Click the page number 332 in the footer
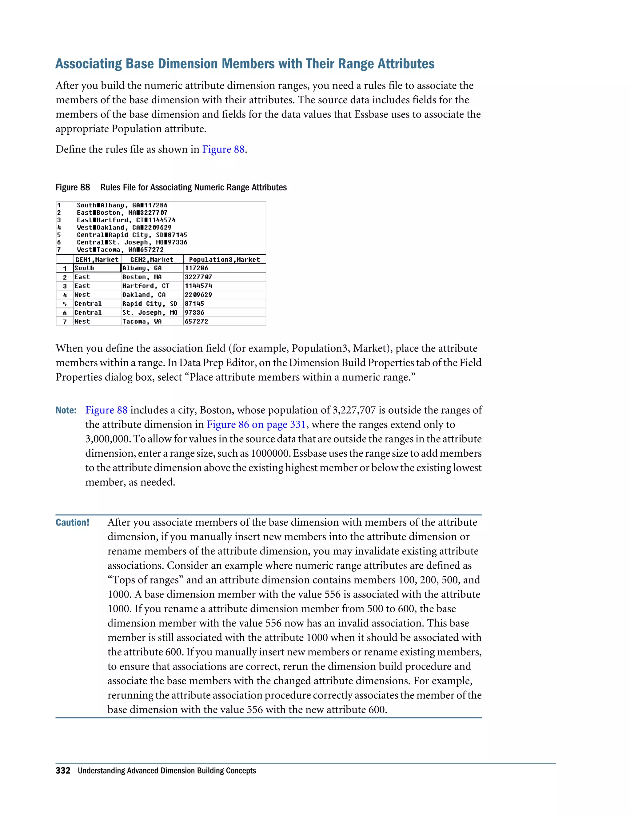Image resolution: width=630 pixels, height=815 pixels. point(63,771)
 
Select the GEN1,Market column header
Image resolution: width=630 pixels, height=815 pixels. point(97,259)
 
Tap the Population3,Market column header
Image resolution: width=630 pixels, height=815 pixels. point(224,259)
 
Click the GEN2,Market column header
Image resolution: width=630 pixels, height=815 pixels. point(152,259)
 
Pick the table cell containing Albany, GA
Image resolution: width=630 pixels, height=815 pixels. point(152,268)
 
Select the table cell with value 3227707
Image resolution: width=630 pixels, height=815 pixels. point(224,277)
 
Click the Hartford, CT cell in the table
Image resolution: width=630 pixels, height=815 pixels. point(152,286)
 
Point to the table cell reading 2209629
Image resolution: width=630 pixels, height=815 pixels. point(224,295)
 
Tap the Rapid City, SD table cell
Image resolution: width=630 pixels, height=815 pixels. point(152,304)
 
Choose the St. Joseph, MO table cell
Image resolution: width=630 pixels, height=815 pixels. point(152,313)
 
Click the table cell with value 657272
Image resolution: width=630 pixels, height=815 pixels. point(224,321)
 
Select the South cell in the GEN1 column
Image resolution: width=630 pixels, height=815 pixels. point(97,268)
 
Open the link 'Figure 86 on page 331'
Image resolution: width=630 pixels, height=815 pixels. point(257,425)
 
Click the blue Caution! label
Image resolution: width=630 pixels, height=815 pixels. point(72,523)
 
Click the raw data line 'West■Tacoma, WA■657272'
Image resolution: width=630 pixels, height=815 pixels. point(120,250)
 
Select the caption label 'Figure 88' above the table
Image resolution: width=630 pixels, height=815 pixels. point(73,187)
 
